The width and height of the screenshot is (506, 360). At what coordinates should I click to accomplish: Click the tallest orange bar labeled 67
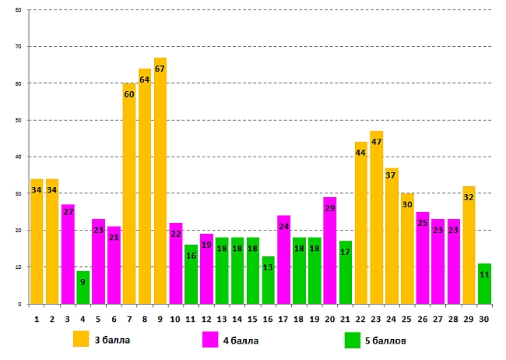coord(160,187)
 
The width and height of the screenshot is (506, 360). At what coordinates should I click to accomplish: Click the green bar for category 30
coord(484,285)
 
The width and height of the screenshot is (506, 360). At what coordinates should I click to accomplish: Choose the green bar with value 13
coord(268,282)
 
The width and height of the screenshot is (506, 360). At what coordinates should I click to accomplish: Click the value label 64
coord(145,79)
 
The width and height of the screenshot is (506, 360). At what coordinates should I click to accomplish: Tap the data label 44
coord(360,153)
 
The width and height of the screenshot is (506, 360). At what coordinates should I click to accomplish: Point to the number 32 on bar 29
coord(469,197)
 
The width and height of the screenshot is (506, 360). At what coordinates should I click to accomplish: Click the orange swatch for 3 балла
coord(81,339)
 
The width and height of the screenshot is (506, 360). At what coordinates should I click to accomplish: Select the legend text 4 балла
coord(241,340)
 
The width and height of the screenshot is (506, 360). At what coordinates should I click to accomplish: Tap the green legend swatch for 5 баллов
coord(352,339)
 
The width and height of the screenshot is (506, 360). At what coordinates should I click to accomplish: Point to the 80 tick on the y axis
coord(18,10)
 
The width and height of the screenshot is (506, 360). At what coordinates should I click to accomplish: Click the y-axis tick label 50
coord(18,121)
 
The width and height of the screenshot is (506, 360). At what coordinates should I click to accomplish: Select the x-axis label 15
coord(252,318)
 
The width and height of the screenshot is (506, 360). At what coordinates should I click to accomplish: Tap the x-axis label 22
coord(360,318)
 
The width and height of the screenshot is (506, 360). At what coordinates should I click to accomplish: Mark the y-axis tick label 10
coord(18,267)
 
